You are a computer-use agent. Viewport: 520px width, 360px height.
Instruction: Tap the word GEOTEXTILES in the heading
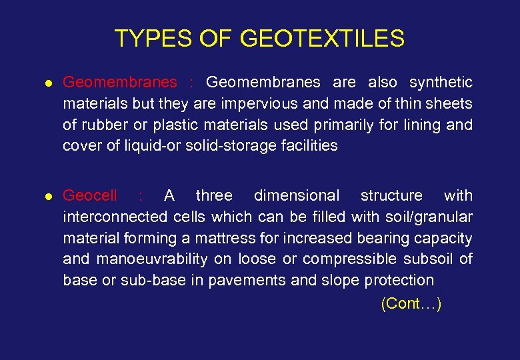[322, 39]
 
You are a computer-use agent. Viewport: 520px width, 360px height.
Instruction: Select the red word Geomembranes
[120, 83]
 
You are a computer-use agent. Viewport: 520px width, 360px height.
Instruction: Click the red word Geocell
[90, 196]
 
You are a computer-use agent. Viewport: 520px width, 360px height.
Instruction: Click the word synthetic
[441, 83]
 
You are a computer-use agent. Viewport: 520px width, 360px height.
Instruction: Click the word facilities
[306, 146]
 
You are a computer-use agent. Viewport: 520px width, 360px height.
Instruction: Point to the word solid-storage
[219, 146]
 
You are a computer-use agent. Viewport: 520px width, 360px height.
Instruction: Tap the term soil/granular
[427, 217]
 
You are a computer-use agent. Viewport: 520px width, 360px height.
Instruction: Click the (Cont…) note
[411, 304]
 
